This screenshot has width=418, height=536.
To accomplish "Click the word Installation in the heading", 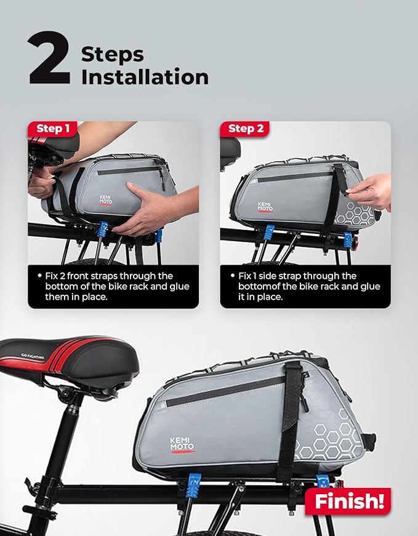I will [x=145, y=78].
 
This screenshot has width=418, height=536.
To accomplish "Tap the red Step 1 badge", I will [x=54, y=129].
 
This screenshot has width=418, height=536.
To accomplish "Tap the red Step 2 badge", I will [x=246, y=129].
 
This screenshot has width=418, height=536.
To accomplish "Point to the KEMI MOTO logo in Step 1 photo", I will [x=108, y=202].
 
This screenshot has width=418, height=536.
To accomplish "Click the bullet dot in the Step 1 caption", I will [x=39, y=276].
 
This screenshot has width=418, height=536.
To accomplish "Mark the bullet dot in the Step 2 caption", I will [x=232, y=276].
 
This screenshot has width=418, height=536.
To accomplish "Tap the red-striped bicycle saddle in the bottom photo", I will [x=62, y=357].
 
